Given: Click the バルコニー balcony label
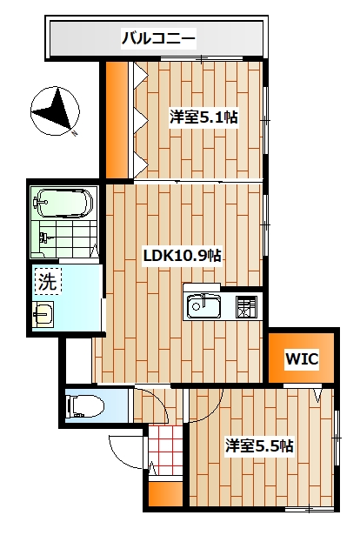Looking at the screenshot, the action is tap(158, 38).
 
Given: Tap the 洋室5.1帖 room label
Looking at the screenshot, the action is tap(203, 117).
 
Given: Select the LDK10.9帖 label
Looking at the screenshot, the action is tap(183, 256).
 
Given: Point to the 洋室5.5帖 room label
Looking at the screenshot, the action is tap(259, 445).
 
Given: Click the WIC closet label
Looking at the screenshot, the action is tap(302, 358).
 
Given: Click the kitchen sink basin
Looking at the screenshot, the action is tap(203, 305).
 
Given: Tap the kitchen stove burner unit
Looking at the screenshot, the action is tap(246, 306).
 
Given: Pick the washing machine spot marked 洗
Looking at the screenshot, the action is tap(48, 281).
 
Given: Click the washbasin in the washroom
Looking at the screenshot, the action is tap(43, 314).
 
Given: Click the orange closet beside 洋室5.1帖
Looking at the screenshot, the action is tap(117, 119).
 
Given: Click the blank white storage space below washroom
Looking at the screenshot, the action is tap(78, 360).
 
